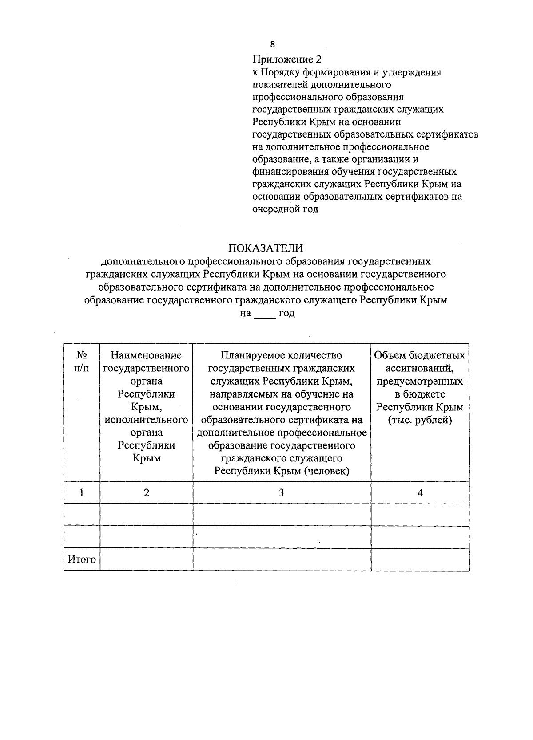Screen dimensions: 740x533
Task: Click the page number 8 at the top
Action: (x=272, y=44)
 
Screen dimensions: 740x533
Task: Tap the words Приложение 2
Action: (x=286, y=59)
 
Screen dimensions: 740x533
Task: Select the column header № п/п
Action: (x=81, y=362)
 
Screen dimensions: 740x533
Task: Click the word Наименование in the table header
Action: (x=146, y=355)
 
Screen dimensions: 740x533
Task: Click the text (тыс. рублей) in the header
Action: (x=420, y=420)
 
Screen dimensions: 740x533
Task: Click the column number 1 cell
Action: (x=82, y=492)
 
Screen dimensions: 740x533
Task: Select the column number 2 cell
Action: (x=146, y=492)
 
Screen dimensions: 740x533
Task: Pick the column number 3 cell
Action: (x=282, y=492)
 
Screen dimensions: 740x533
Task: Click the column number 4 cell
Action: (x=420, y=492)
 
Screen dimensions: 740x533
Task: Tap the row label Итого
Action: (x=82, y=559)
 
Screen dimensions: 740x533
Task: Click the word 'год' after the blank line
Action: (x=286, y=314)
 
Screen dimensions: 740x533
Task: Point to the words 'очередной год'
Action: (x=285, y=209)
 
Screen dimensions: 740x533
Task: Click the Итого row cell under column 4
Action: (x=420, y=559)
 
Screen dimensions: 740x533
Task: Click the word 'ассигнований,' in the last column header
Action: (x=420, y=368)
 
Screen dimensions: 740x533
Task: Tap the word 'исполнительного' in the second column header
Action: (x=146, y=420)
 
